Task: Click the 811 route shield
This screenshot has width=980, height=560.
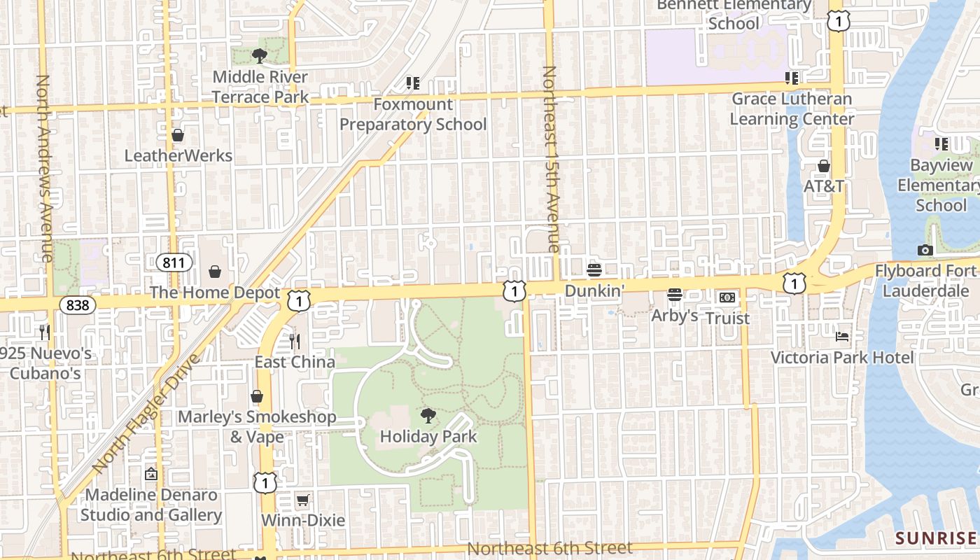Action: (x=173, y=262)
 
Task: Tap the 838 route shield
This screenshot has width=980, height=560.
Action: (x=77, y=304)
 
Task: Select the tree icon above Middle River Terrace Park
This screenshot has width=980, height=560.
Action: (x=260, y=56)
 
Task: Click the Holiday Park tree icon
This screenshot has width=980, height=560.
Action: (x=428, y=416)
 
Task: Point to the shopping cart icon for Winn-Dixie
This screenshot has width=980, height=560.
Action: (x=302, y=500)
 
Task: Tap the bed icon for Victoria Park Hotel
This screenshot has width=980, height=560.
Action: (x=842, y=337)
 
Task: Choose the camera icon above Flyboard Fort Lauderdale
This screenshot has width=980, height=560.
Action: (x=925, y=250)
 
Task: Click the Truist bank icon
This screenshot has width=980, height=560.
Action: (x=727, y=297)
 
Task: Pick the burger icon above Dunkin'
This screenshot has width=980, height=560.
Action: (x=594, y=270)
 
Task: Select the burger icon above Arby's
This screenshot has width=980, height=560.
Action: (x=675, y=295)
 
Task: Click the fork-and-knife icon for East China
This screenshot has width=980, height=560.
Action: (x=295, y=342)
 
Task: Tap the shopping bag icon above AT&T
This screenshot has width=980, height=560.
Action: (x=824, y=166)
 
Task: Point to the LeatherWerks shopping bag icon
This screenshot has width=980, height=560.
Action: (x=178, y=134)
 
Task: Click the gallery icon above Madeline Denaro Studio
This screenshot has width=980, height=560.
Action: (x=150, y=474)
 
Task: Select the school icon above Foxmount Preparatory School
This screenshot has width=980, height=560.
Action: (x=413, y=84)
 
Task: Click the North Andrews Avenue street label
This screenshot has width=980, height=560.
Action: (x=43, y=168)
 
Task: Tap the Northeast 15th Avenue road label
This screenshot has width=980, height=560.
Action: (x=551, y=159)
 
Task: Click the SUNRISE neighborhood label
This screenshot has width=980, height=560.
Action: (x=935, y=538)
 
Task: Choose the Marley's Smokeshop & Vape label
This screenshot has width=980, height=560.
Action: (x=257, y=427)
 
